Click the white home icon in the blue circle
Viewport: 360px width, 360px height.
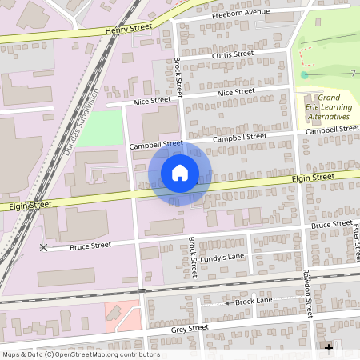pyautogui.click(x=179, y=173)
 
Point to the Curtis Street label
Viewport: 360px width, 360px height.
pyautogui.click(x=233, y=54)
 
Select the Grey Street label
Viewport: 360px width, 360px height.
pyautogui.click(x=190, y=328)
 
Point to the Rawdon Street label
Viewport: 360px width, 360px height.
pyautogui.click(x=306, y=291)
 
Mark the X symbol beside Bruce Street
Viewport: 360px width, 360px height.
pyautogui.click(x=43, y=247)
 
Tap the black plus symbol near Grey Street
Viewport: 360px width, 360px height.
pyautogui.click(x=328, y=347)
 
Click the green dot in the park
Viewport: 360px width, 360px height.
pyautogui.click(x=304, y=75)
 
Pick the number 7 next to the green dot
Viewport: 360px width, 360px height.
pyautogui.click(x=352, y=74)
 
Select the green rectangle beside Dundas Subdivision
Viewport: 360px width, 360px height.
pyautogui.click(x=101, y=128)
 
